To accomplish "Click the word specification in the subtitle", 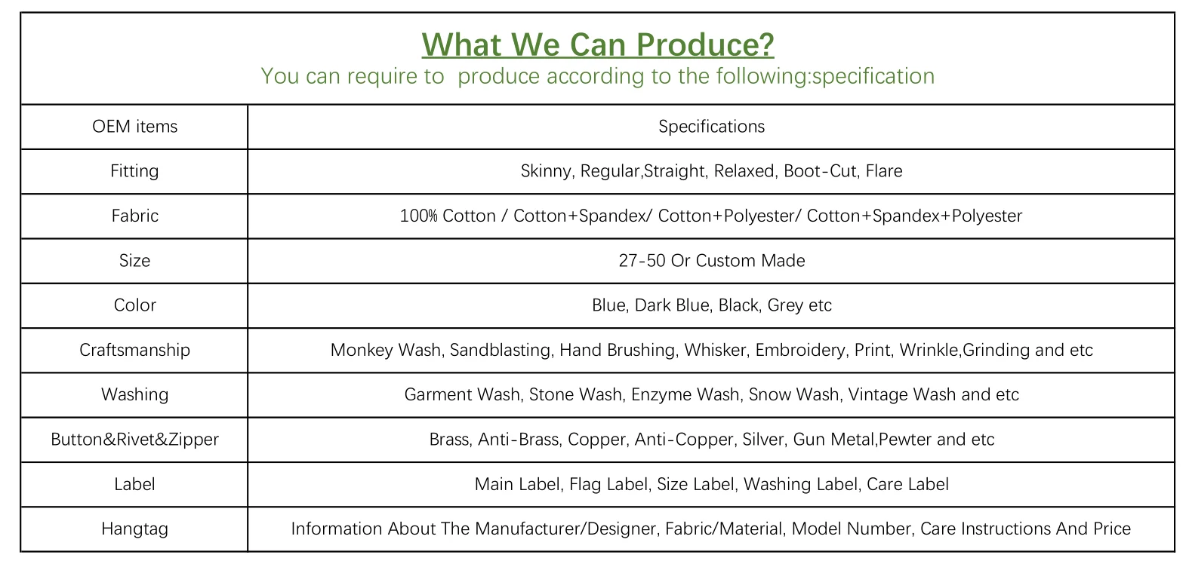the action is click(x=873, y=76).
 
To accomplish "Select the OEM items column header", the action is click(x=135, y=127).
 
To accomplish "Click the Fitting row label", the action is click(x=134, y=171).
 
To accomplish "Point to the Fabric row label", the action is click(x=135, y=216).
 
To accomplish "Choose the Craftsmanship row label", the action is click(x=135, y=351).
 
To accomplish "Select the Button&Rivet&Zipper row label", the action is click(x=135, y=440).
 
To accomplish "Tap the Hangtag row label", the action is click(x=135, y=529).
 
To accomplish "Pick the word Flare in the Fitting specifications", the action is click(x=884, y=171).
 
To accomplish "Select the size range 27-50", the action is click(x=642, y=261).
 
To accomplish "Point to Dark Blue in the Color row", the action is click(x=672, y=305).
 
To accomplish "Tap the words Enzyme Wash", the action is click(x=685, y=395).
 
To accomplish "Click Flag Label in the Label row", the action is click(x=610, y=484).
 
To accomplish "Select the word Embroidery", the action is click(x=800, y=351).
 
